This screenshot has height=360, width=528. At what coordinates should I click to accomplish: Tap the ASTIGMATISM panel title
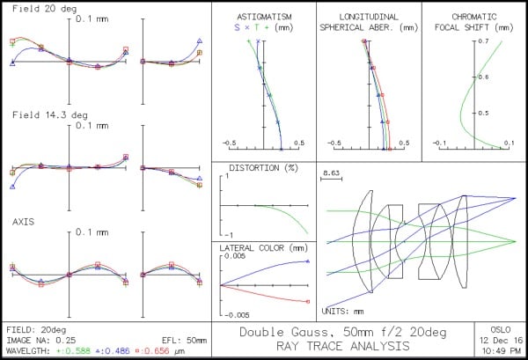point(264,17)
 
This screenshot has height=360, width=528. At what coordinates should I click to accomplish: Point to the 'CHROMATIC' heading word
point(474,17)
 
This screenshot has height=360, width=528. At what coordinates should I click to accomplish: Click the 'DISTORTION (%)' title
point(258,167)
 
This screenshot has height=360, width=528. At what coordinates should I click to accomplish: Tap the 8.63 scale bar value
point(332,174)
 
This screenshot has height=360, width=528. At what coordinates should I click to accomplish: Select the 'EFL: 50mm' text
point(188,339)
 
